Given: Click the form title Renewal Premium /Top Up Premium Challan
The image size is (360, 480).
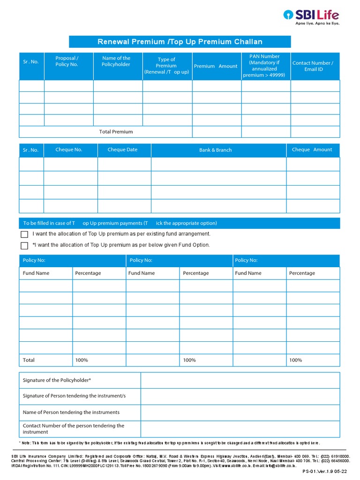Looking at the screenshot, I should point(180,42).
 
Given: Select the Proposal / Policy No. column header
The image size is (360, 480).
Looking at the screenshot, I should point(67,61).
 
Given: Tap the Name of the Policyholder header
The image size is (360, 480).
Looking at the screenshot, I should point(116,61).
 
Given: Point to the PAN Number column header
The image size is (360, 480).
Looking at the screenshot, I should point(264,66).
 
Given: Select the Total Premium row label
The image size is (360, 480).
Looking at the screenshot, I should point(116,132).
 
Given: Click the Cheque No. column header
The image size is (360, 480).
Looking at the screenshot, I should point(68,150).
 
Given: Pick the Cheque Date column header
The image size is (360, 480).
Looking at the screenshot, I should point(122,150).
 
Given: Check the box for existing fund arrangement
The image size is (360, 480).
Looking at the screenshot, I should point(24,234).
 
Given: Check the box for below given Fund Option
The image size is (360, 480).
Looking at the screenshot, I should point(24,246).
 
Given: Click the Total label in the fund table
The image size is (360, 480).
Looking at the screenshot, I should point(29,360).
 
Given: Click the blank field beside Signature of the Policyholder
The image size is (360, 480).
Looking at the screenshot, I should point(240,380).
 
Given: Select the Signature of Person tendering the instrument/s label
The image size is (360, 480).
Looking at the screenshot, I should point(74,396).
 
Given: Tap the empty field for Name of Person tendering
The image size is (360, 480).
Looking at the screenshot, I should point(240,412).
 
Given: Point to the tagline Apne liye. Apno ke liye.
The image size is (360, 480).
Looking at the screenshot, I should point(317,23).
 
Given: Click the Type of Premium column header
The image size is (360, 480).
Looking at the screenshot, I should point(166,66).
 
